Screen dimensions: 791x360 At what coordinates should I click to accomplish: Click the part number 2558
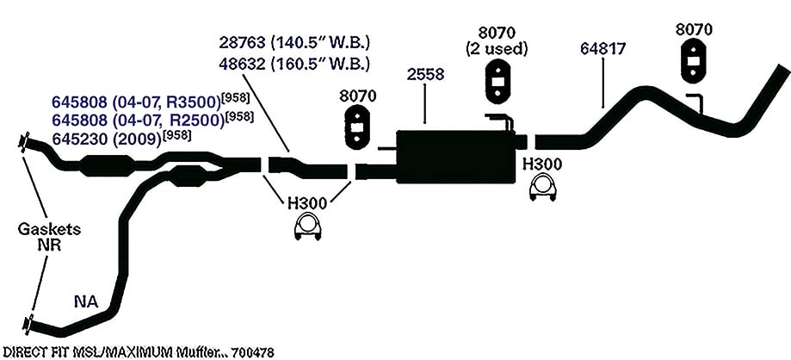click(424, 74)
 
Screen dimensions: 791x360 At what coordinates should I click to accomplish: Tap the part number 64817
click(603, 48)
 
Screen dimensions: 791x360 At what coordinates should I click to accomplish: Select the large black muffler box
click(458, 156)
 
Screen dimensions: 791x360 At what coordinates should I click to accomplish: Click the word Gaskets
click(49, 229)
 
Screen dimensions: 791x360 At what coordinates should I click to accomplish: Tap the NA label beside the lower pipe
click(86, 302)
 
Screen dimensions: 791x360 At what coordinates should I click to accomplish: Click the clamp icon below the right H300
click(543, 189)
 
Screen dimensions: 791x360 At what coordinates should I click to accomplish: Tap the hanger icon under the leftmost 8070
click(357, 127)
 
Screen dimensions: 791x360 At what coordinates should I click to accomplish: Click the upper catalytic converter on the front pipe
click(107, 165)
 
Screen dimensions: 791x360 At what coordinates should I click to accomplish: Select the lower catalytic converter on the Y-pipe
click(188, 177)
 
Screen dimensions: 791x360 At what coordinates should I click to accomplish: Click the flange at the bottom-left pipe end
click(28, 324)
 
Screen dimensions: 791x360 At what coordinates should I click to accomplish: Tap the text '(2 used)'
click(497, 49)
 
